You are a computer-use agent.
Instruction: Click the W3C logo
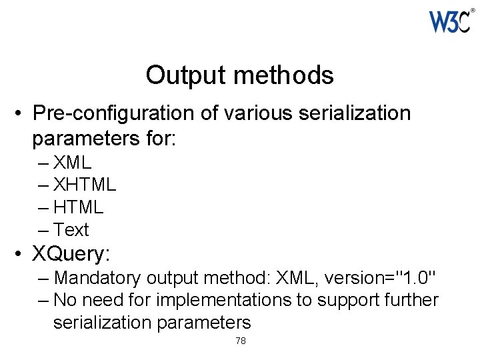pyautogui.click(x=451, y=22)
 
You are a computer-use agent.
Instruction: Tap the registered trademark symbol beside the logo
pyautogui.click(x=473, y=11)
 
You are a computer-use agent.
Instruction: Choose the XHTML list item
pyautogui.click(x=84, y=184)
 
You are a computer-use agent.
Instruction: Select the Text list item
pyautogui.click(x=71, y=230)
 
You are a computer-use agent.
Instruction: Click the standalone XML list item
pyautogui.click(x=72, y=162)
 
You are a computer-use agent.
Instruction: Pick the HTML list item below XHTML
pyautogui.click(x=78, y=207)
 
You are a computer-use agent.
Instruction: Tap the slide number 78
pyautogui.click(x=241, y=341)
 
